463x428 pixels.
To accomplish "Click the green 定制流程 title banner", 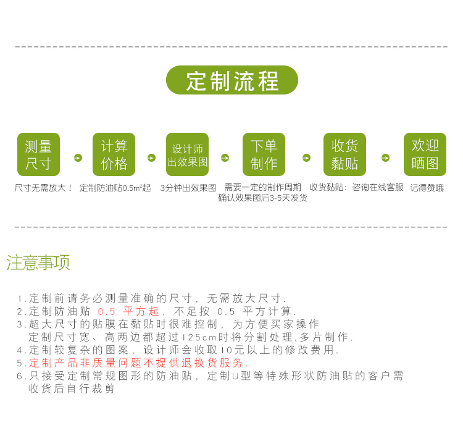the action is coord(232,80).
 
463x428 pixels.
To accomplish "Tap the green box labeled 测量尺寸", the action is coord(38,154).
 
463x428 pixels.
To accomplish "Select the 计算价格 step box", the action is coord(114,154).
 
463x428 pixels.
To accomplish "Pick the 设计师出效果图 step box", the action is coord(187,154).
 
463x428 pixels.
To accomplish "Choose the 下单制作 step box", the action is coord(264,154).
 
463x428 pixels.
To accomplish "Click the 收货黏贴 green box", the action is coord(344,154).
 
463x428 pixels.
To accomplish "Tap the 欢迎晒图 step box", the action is coord(425,154).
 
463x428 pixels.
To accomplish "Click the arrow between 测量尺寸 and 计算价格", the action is coord(78,158).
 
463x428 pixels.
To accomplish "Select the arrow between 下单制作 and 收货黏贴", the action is coord(306,158).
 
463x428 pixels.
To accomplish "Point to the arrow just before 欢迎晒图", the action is coord(385,158).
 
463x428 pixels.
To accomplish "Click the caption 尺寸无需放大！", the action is coord(43,188).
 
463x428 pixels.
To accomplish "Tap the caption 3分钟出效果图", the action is coord(188,188).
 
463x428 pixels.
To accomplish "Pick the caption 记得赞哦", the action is coord(427,188).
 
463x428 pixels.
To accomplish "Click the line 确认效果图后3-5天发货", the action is coord(262,198).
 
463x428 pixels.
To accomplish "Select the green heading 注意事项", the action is coord(38,262).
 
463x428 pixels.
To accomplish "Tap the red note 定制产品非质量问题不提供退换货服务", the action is coord(138,363).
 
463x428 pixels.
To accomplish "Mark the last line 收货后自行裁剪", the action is coord(72,389).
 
